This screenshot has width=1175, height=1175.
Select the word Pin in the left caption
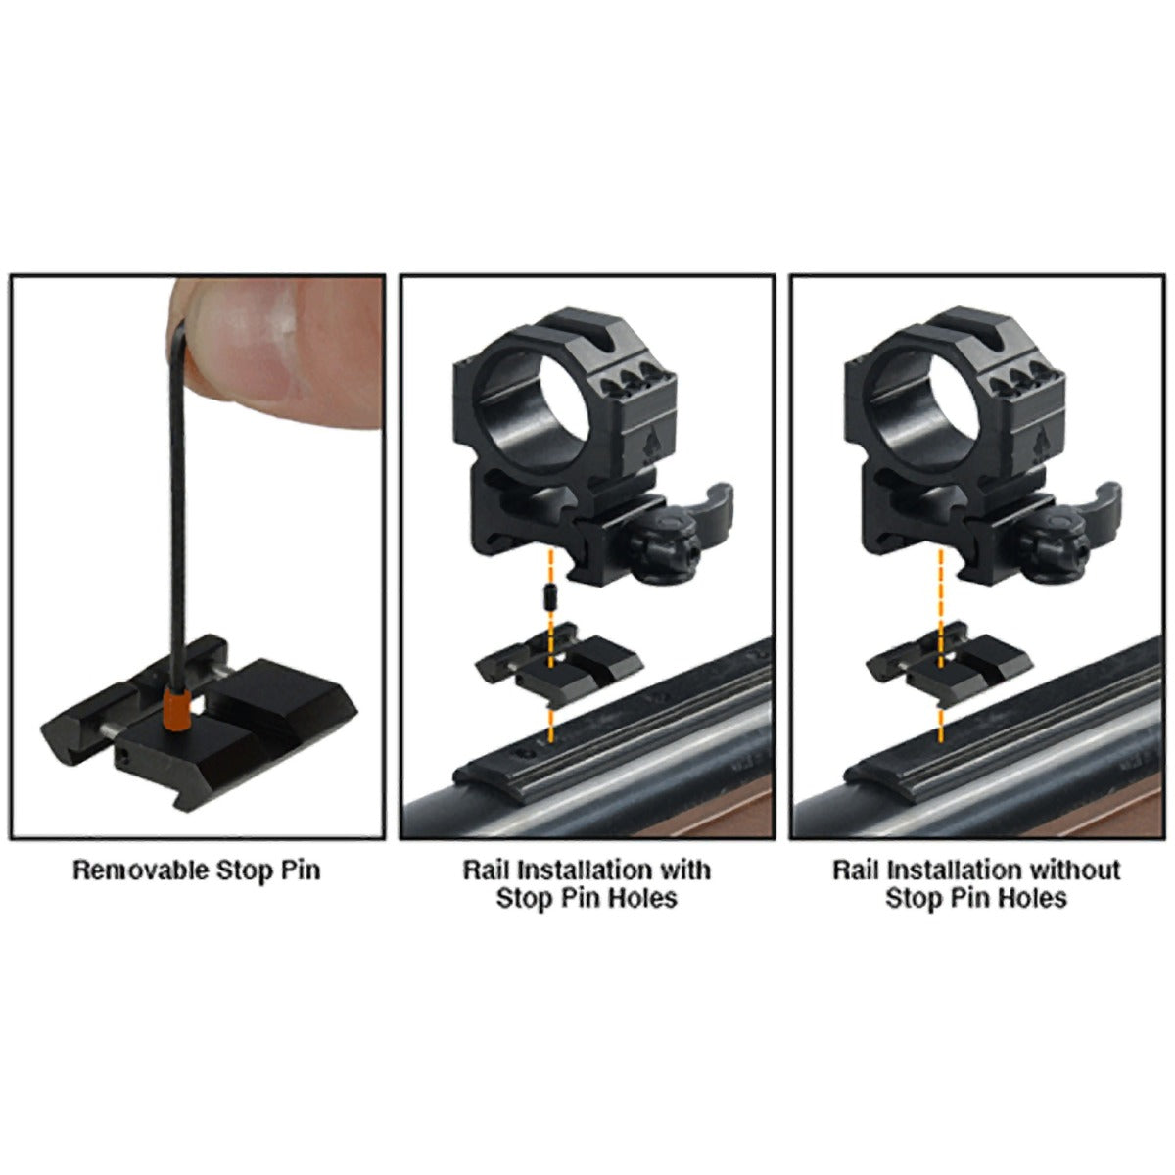[x=300, y=869]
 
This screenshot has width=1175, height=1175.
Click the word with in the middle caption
[x=684, y=869]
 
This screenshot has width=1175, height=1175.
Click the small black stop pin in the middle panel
[x=549, y=595]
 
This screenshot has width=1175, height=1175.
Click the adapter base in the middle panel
[x=558, y=666]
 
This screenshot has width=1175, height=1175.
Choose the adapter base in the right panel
[x=948, y=666]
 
